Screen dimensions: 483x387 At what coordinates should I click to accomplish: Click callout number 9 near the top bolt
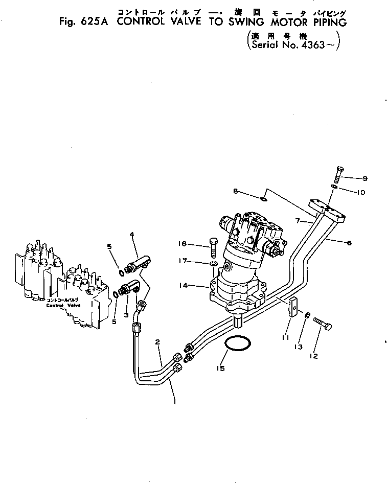(x=365, y=179)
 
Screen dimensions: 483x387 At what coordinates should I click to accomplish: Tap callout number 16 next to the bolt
(x=195, y=244)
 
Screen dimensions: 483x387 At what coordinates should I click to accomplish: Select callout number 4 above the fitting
(x=132, y=235)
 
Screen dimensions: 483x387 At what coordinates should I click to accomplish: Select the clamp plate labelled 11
(x=293, y=308)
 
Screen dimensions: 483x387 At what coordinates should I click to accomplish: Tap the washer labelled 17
(x=214, y=264)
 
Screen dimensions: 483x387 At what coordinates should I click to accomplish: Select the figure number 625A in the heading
(x=88, y=22)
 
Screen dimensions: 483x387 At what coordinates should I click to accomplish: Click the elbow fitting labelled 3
(x=132, y=287)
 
